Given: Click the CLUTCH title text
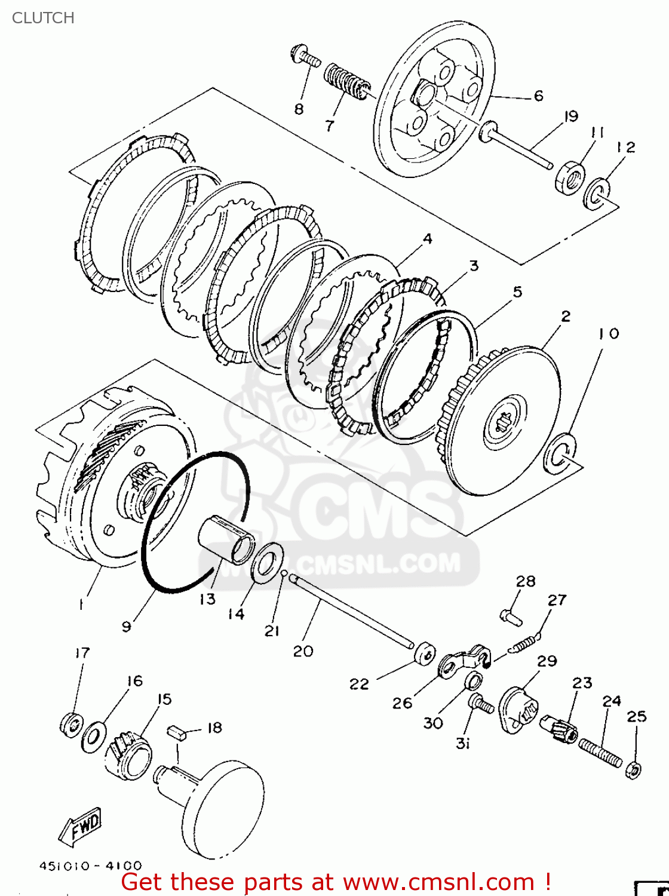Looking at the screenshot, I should tap(43, 18).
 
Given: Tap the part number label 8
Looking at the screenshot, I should tap(299, 109).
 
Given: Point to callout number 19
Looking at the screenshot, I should tap(571, 116).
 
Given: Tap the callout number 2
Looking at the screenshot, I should tap(566, 316).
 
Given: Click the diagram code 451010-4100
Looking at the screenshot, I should tap(91, 866).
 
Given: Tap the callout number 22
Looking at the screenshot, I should tap(359, 684).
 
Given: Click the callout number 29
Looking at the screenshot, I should tap(547, 661).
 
